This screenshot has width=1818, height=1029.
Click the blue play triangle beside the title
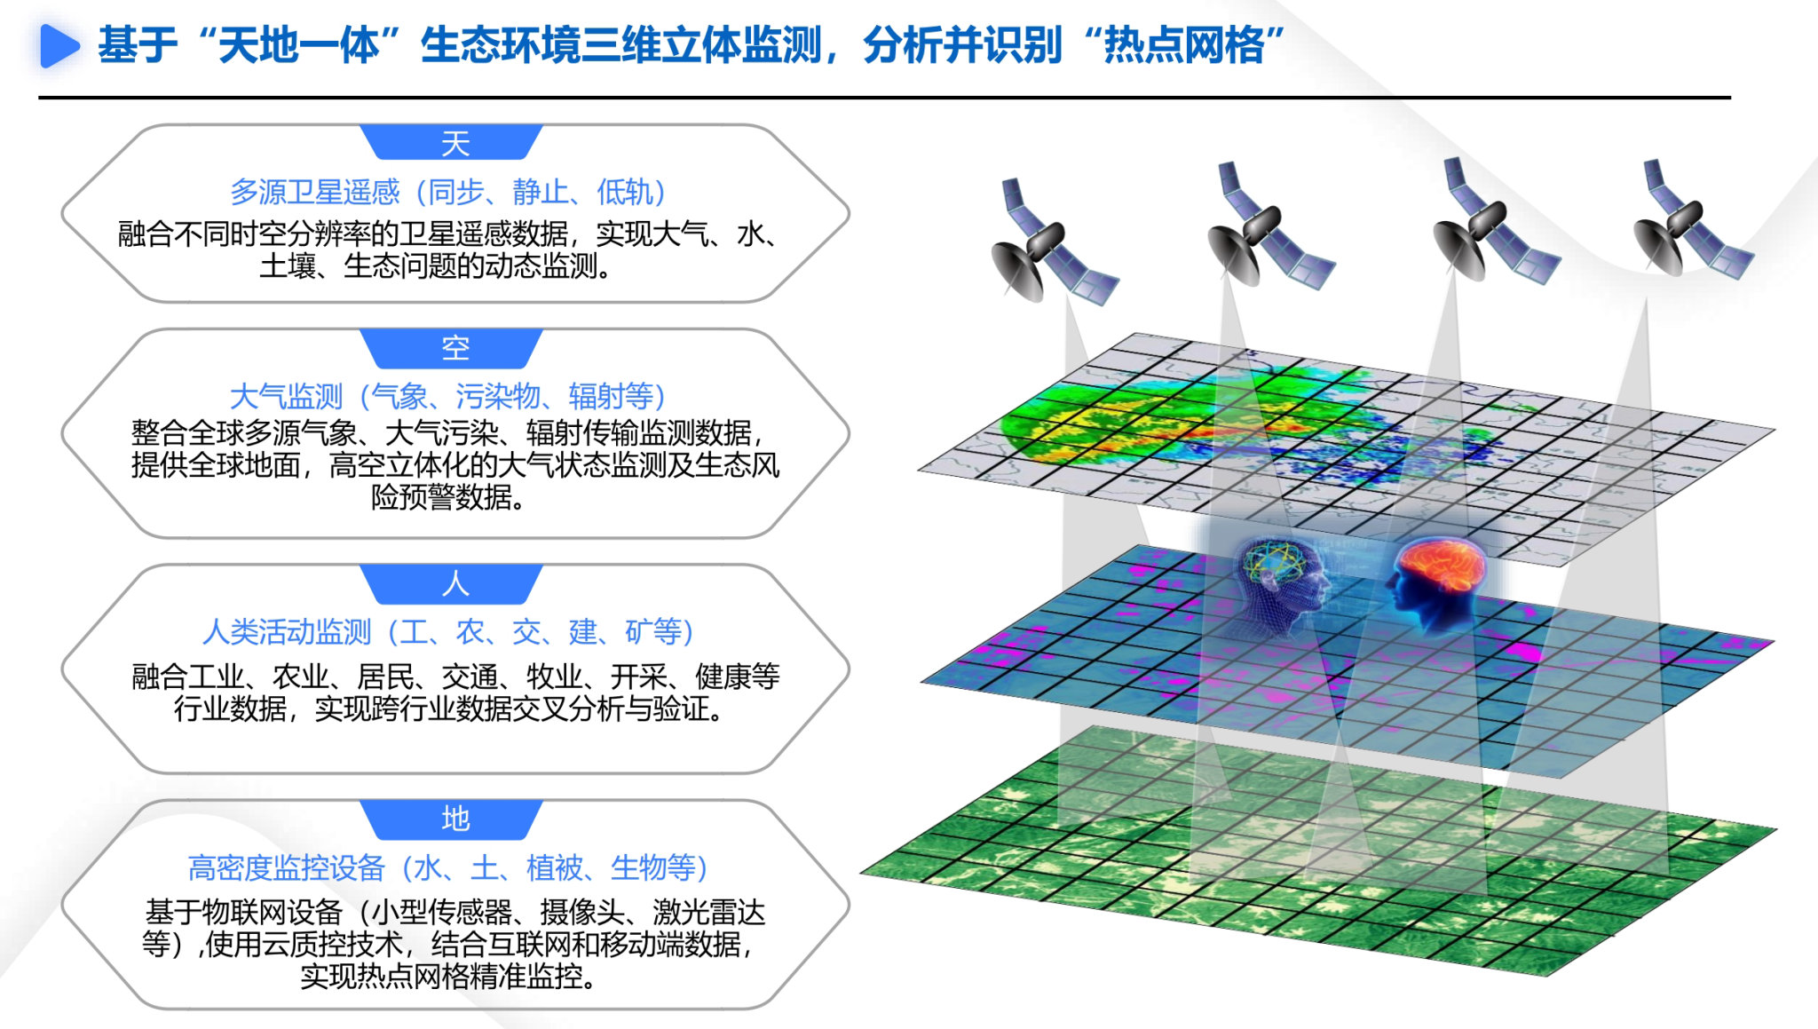[x=59, y=45]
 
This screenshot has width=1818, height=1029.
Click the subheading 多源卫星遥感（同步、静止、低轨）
[x=448, y=192]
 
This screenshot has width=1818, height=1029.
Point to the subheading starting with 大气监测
[x=448, y=396]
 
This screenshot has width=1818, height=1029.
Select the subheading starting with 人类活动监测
[x=448, y=632]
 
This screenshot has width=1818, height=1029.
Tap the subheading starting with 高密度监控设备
[x=448, y=867]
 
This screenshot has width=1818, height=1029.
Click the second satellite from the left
[x=1269, y=226]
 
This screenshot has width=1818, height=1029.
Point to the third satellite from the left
[x=1496, y=221]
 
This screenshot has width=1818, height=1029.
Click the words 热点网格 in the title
[x=1183, y=45]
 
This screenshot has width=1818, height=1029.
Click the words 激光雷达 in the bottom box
[x=708, y=912]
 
